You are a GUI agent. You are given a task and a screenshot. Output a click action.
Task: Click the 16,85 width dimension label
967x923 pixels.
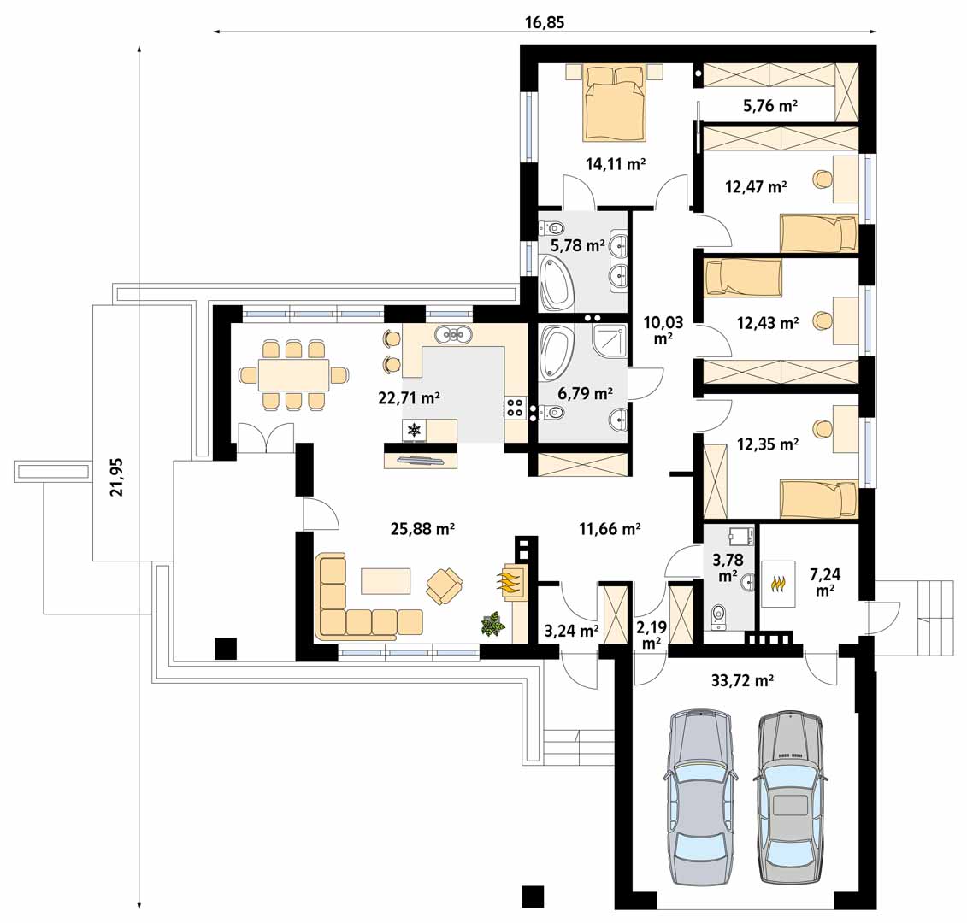(545, 23)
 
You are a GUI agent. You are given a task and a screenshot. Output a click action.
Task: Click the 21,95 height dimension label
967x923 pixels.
(116, 477)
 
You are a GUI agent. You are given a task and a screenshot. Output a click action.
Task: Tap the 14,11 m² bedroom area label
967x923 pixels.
(616, 164)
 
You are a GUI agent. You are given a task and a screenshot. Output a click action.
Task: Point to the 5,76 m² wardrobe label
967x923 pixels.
(770, 105)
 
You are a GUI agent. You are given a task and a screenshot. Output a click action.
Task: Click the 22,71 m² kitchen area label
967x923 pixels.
(409, 397)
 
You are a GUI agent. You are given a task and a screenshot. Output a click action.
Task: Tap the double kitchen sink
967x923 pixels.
(454, 335)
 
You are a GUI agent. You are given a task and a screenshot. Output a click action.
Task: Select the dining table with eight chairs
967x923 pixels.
(293, 374)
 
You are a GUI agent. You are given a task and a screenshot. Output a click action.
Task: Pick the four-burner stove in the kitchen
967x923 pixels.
(515, 408)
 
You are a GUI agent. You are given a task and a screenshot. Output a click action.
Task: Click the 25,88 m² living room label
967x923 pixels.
(423, 528)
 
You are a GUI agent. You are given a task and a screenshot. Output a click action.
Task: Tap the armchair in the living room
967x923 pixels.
(445, 585)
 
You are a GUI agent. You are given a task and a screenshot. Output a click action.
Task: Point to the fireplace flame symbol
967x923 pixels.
(510, 582)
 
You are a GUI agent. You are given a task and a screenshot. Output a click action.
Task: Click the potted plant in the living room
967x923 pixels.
(492, 623)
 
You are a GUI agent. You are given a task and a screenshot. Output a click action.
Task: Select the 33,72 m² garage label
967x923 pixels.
(742, 680)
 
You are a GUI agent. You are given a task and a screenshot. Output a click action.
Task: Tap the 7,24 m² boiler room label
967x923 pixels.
(825, 581)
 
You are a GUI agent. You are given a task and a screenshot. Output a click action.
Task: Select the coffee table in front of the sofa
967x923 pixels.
(386, 581)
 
